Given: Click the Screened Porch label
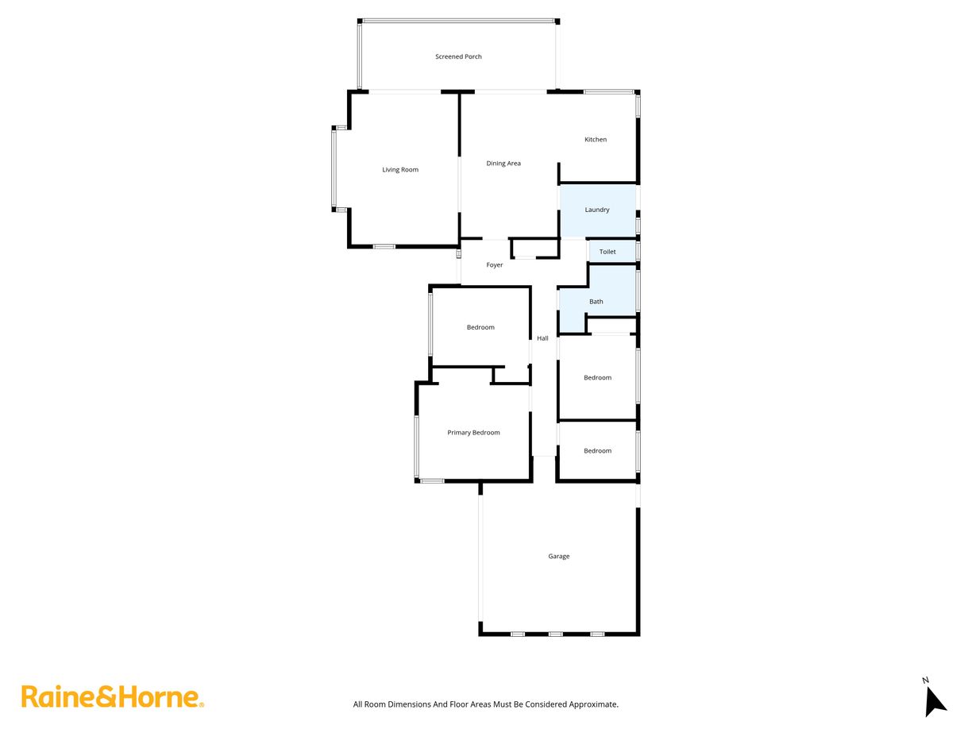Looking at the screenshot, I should coord(458,56).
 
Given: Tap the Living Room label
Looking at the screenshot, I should coord(400,169).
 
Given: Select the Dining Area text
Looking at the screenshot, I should coord(503,164).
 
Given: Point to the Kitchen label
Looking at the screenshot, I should coord(596,140).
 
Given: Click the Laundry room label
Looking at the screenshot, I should coord(597,210).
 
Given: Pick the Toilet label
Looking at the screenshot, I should coord(607,252).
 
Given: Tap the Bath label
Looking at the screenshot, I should coord(596,302).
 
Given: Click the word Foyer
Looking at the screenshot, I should coord(495,265).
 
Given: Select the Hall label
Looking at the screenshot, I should coord(542,338).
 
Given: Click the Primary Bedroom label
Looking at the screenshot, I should coord(473,433).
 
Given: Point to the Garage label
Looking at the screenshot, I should coord(558,557).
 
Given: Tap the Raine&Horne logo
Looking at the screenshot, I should coord(112,697).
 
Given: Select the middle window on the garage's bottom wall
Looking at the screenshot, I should coord(555,634).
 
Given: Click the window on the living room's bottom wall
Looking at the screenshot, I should coord(384,246).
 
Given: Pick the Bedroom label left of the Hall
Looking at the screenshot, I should coord(480,328).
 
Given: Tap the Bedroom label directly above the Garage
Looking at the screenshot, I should coord(597,451).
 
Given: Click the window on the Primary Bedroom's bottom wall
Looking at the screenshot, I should coord(432,480).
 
